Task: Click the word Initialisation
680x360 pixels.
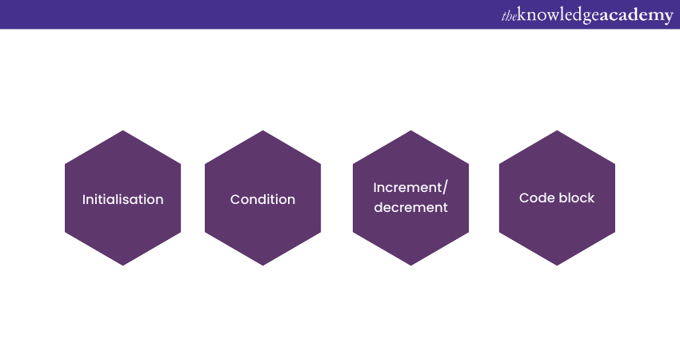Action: coord(122,199)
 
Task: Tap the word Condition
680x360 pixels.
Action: coord(263,199)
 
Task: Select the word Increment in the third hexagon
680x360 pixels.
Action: coord(407,188)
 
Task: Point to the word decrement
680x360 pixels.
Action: coord(410,207)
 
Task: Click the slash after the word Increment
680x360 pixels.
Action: coord(445,188)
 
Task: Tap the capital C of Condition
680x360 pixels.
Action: coord(235,199)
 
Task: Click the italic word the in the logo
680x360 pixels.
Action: coord(509,17)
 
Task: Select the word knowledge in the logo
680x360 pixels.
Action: coord(558,16)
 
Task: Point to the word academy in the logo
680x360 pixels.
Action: coord(636,16)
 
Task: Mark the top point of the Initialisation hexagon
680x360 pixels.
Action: coord(122,130)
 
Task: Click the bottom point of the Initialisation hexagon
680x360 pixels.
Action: coord(122,266)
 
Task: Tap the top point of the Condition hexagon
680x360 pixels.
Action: coord(263,130)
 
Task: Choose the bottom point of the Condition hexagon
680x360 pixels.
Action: coord(263,266)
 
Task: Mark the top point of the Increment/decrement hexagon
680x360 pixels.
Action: coord(410,130)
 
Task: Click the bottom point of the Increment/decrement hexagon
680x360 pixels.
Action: coord(410,266)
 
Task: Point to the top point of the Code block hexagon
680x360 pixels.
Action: coord(557,130)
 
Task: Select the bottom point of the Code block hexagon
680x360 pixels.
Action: coord(557,266)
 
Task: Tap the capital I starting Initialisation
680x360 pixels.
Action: coord(84,199)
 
